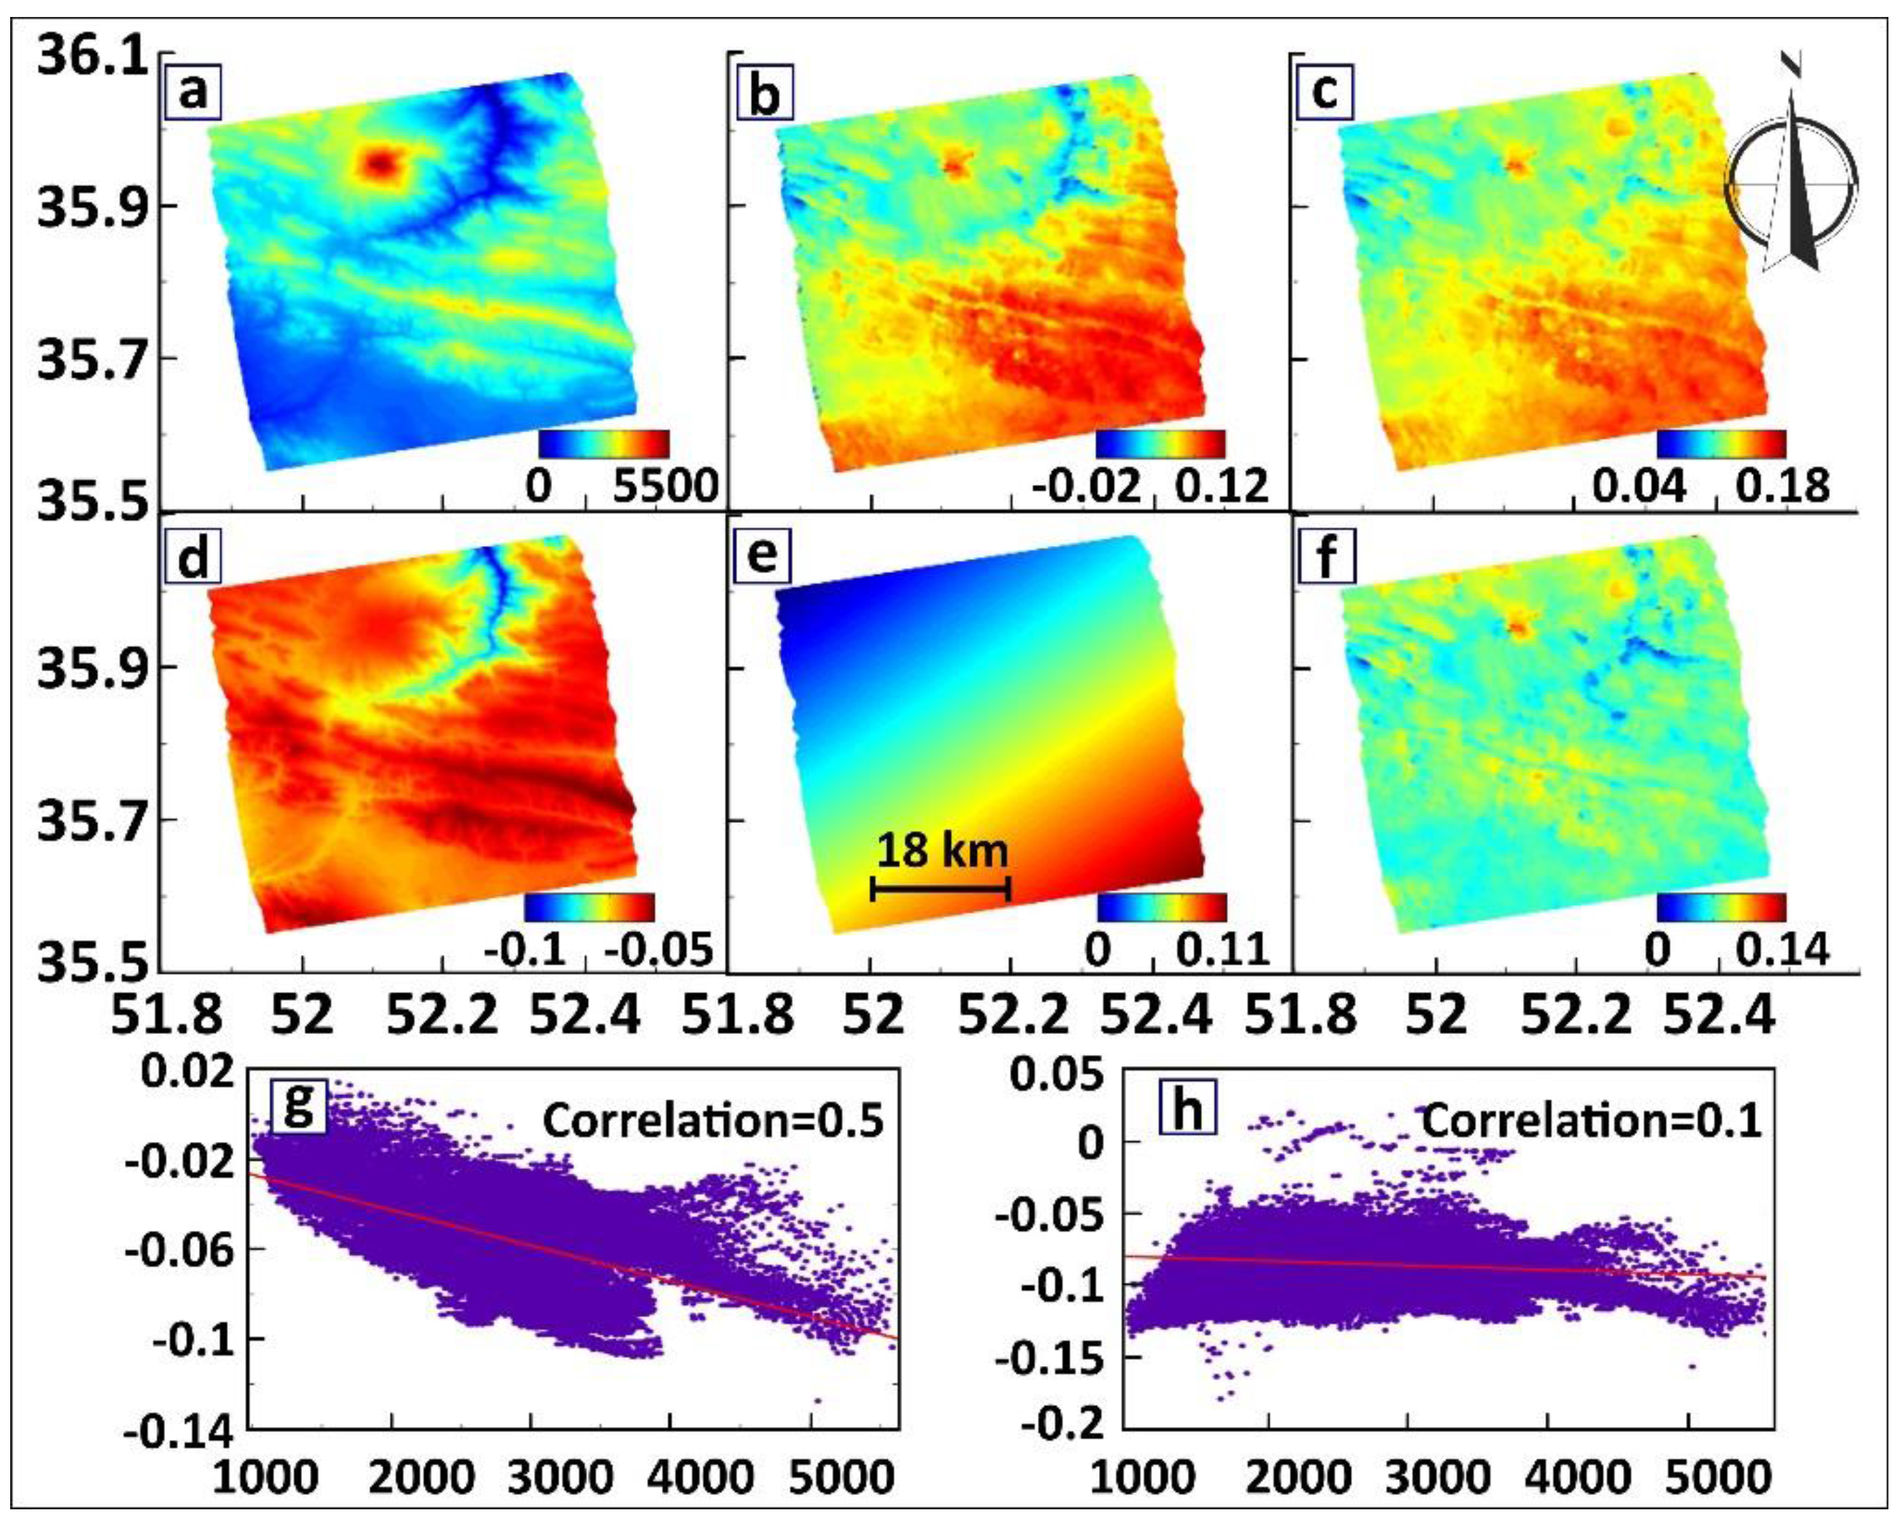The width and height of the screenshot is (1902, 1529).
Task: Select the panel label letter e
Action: pos(762,556)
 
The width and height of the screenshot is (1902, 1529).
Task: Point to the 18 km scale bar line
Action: pos(940,889)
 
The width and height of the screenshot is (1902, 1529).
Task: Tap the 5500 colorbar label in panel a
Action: pos(666,486)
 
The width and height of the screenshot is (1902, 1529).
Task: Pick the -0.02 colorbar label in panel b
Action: pos(1085,486)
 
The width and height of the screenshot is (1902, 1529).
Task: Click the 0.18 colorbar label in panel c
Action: pos(1782,486)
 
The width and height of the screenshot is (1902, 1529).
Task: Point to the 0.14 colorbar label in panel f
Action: pos(1782,949)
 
